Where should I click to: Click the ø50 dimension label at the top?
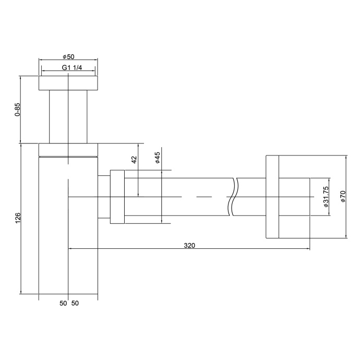tap(68, 56)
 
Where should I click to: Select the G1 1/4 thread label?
tap(68, 68)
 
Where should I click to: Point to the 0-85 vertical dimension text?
tap(17, 110)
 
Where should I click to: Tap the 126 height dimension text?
tap(17, 217)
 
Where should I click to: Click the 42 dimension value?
tap(134, 160)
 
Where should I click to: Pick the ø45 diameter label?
tap(158, 159)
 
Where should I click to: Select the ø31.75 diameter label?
tap(326, 197)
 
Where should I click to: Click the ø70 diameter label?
tap(343, 197)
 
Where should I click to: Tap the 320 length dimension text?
tap(189, 245)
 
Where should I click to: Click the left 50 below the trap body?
tap(63, 303)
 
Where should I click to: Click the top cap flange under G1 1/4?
tap(68, 83)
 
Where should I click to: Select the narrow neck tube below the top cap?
tap(68, 116)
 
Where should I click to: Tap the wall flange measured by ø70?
tap(272, 197)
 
